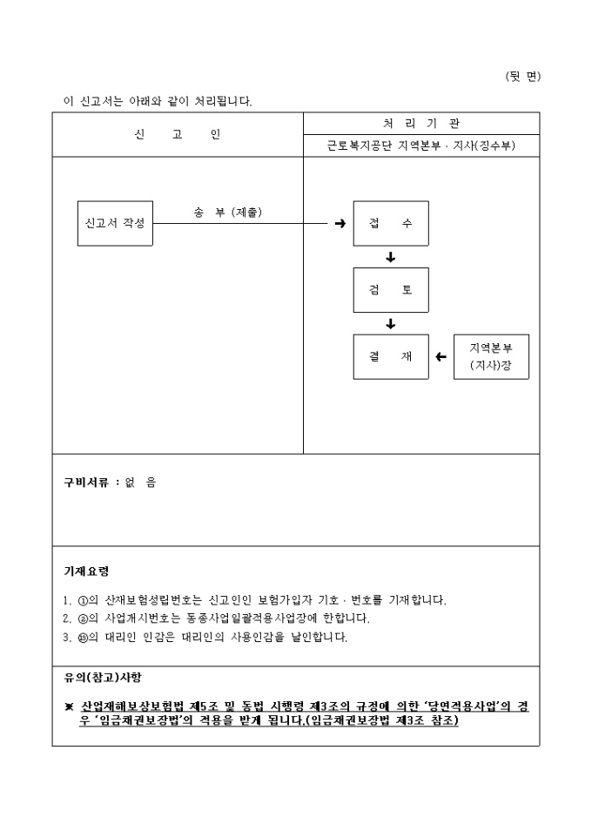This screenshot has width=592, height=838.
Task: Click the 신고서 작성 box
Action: click(x=115, y=223)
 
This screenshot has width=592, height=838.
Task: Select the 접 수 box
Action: click(x=391, y=224)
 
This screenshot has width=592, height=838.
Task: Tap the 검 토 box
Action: click(x=391, y=290)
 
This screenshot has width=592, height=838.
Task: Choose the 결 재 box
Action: click(x=391, y=356)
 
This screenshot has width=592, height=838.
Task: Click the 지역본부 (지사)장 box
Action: click(x=491, y=356)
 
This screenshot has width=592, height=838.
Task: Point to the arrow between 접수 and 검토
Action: click(x=391, y=257)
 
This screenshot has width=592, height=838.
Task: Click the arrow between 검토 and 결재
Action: click(x=391, y=323)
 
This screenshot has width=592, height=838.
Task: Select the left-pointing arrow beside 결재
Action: click(x=441, y=356)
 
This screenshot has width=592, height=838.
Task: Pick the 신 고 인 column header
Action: click(x=178, y=135)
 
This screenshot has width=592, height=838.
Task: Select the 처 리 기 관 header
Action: click(x=421, y=124)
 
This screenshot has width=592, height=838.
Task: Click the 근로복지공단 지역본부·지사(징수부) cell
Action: click(x=421, y=146)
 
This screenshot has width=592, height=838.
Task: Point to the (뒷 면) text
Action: click(x=522, y=76)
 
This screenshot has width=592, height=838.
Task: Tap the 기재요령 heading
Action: click(x=86, y=571)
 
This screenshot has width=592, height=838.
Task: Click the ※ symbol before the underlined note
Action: click(x=69, y=707)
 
